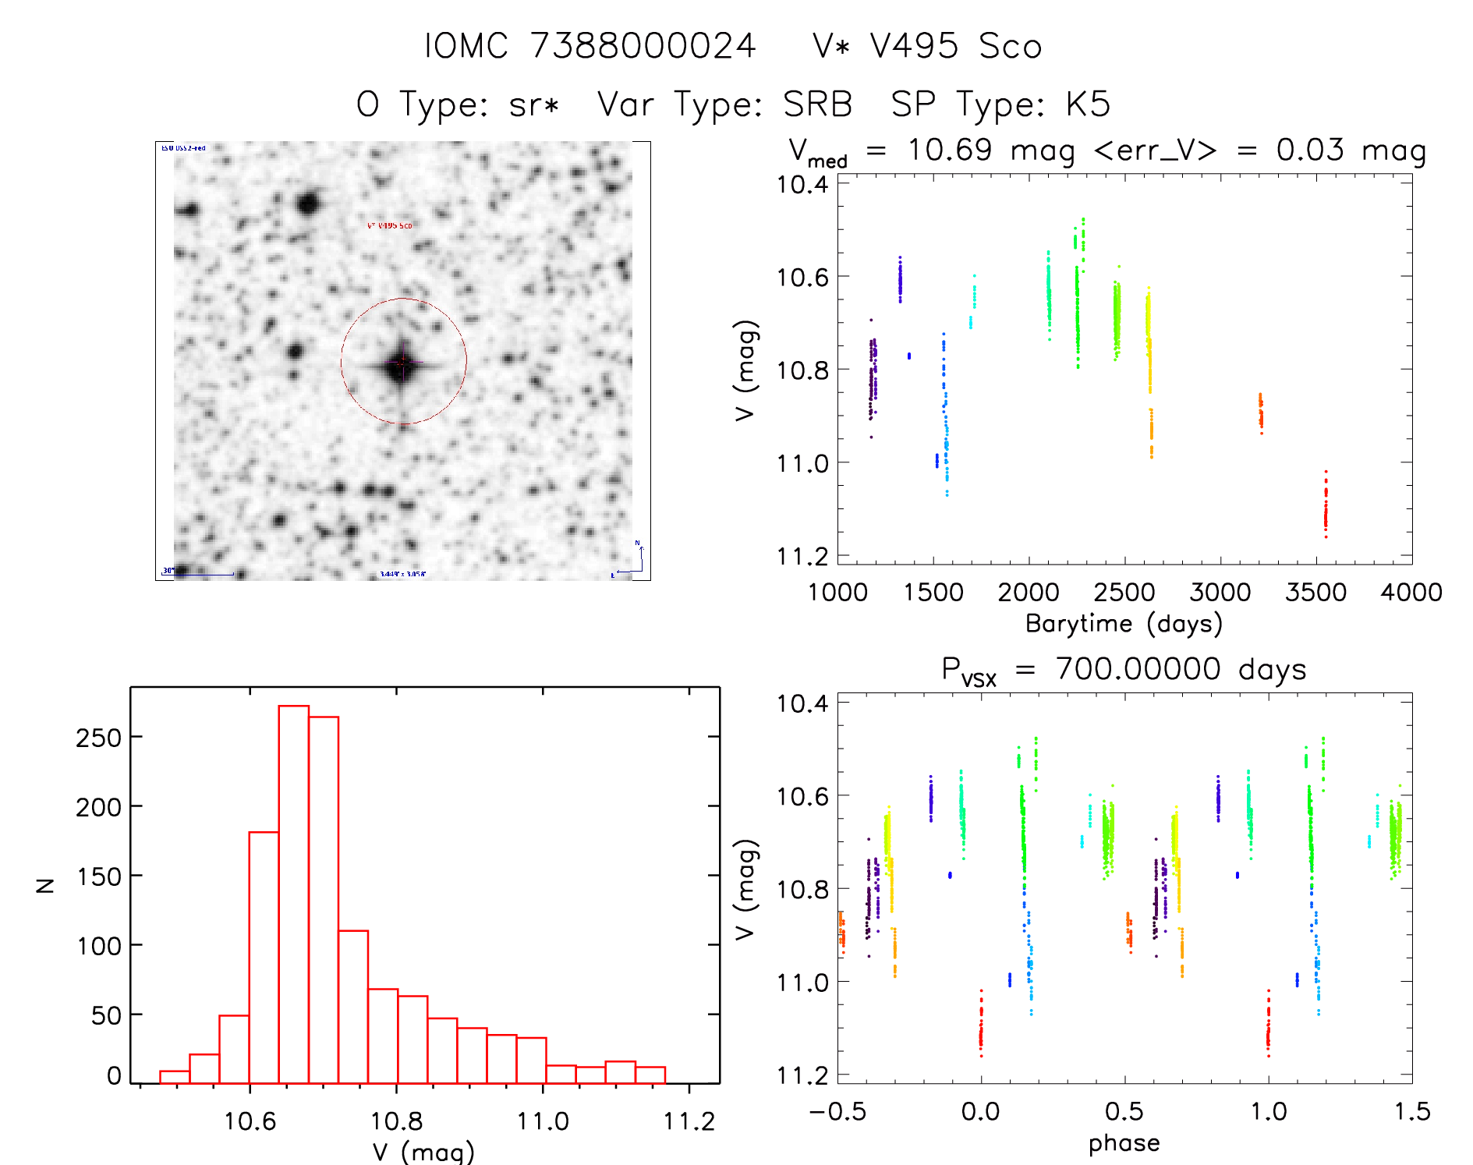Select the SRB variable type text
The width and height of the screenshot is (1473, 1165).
(x=817, y=104)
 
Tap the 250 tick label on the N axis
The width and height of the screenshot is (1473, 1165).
(x=98, y=738)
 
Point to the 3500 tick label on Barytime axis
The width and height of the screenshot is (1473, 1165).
(x=1315, y=593)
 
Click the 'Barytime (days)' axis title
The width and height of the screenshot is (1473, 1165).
(x=1124, y=624)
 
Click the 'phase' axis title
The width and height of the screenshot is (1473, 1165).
(x=1124, y=1143)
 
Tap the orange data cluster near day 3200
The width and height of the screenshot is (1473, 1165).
(x=1261, y=413)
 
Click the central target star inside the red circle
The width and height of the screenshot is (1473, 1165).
(x=402, y=363)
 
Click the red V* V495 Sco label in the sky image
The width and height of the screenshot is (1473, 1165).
(x=389, y=225)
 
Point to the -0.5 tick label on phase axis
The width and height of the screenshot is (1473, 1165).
(x=837, y=1112)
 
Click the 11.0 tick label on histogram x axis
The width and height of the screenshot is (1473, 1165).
(x=543, y=1121)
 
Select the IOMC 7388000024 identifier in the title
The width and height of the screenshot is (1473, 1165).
(x=590, y=46)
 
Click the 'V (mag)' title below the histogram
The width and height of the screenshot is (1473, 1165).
(x=423, y=1152)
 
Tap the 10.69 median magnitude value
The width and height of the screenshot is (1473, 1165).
(x=950, y=150)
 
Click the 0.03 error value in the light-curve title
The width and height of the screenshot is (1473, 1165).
(x=1310, y=150)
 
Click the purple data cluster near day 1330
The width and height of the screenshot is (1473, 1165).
(x=900, y=280)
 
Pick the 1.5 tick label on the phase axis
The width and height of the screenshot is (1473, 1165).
(x=1412, y=1112)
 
